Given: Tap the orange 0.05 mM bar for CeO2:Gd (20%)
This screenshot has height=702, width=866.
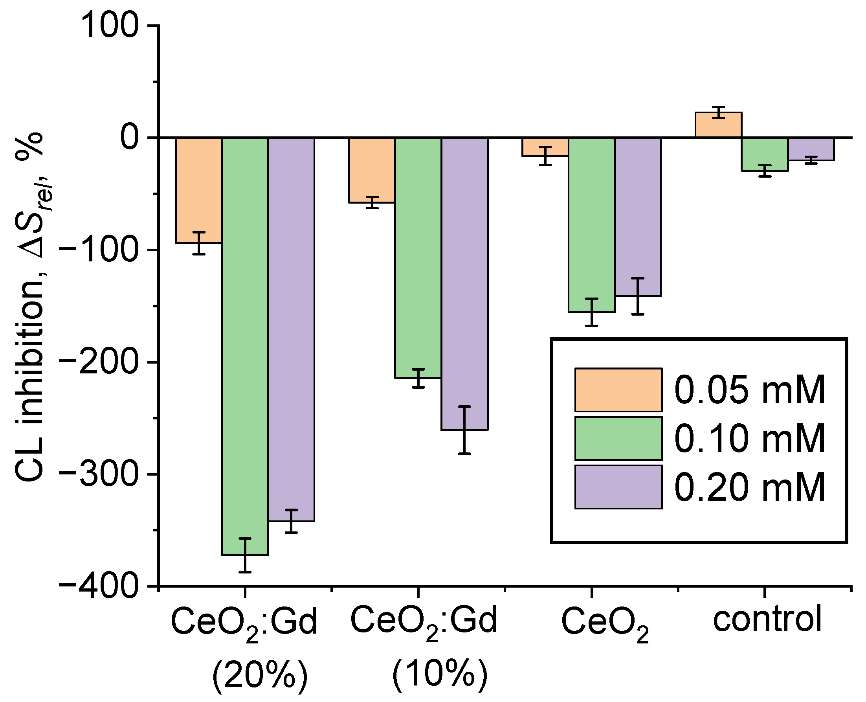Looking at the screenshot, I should pyautogui.click(x=198, y=190).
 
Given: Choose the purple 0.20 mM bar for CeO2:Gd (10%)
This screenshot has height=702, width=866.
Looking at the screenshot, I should pyautogui.click(x=464, y=283).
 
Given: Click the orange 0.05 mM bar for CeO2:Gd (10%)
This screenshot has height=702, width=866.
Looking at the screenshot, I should pyautogui.click(x=372, y=170).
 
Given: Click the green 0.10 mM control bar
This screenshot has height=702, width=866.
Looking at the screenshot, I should pyautogui.click(x=765, y=154).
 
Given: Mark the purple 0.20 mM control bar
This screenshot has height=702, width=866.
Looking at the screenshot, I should pyautogui.click(x=811, y=149).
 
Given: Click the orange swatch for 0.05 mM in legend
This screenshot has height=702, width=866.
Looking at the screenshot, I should pyautogui.click(x=618, y=390).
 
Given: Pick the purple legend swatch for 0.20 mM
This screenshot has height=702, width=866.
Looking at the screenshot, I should pyautogui.click(x=618, y=487).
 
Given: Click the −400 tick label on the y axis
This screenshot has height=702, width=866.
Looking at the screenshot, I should pyautogui.click(x=99, y=586).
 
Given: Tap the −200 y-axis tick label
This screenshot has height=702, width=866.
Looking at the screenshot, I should pyautogui.click(x=99, y=362).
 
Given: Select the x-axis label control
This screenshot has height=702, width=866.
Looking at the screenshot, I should pyautogui.click(x=767, y=619).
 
